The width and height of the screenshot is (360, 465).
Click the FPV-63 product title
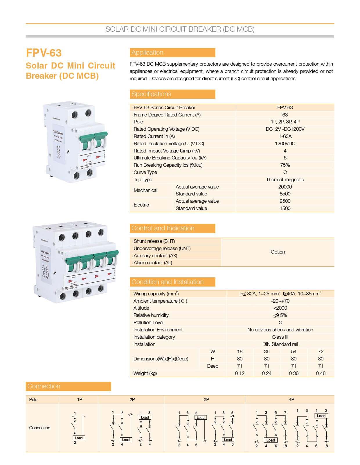44,53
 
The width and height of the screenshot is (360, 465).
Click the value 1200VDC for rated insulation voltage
285,143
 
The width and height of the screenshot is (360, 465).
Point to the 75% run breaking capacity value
285,165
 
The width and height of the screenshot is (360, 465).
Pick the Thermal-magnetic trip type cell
285,179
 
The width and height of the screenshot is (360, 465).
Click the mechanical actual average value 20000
285,187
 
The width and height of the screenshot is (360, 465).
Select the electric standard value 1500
285,208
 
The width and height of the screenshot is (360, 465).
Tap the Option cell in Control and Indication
278,252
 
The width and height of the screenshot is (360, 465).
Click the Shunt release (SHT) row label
154,241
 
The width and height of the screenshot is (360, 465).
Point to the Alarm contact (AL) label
153,263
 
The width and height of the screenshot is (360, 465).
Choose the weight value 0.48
321,373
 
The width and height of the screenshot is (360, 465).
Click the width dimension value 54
294,351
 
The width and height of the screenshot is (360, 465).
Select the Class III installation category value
280,337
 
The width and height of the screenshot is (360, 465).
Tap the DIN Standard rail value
280,344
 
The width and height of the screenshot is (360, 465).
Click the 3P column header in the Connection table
206,400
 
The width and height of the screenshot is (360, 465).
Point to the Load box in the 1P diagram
78,438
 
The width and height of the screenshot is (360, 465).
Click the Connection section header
44,386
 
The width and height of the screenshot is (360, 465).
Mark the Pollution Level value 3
280,322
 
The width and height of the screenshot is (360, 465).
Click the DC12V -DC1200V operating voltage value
285,129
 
